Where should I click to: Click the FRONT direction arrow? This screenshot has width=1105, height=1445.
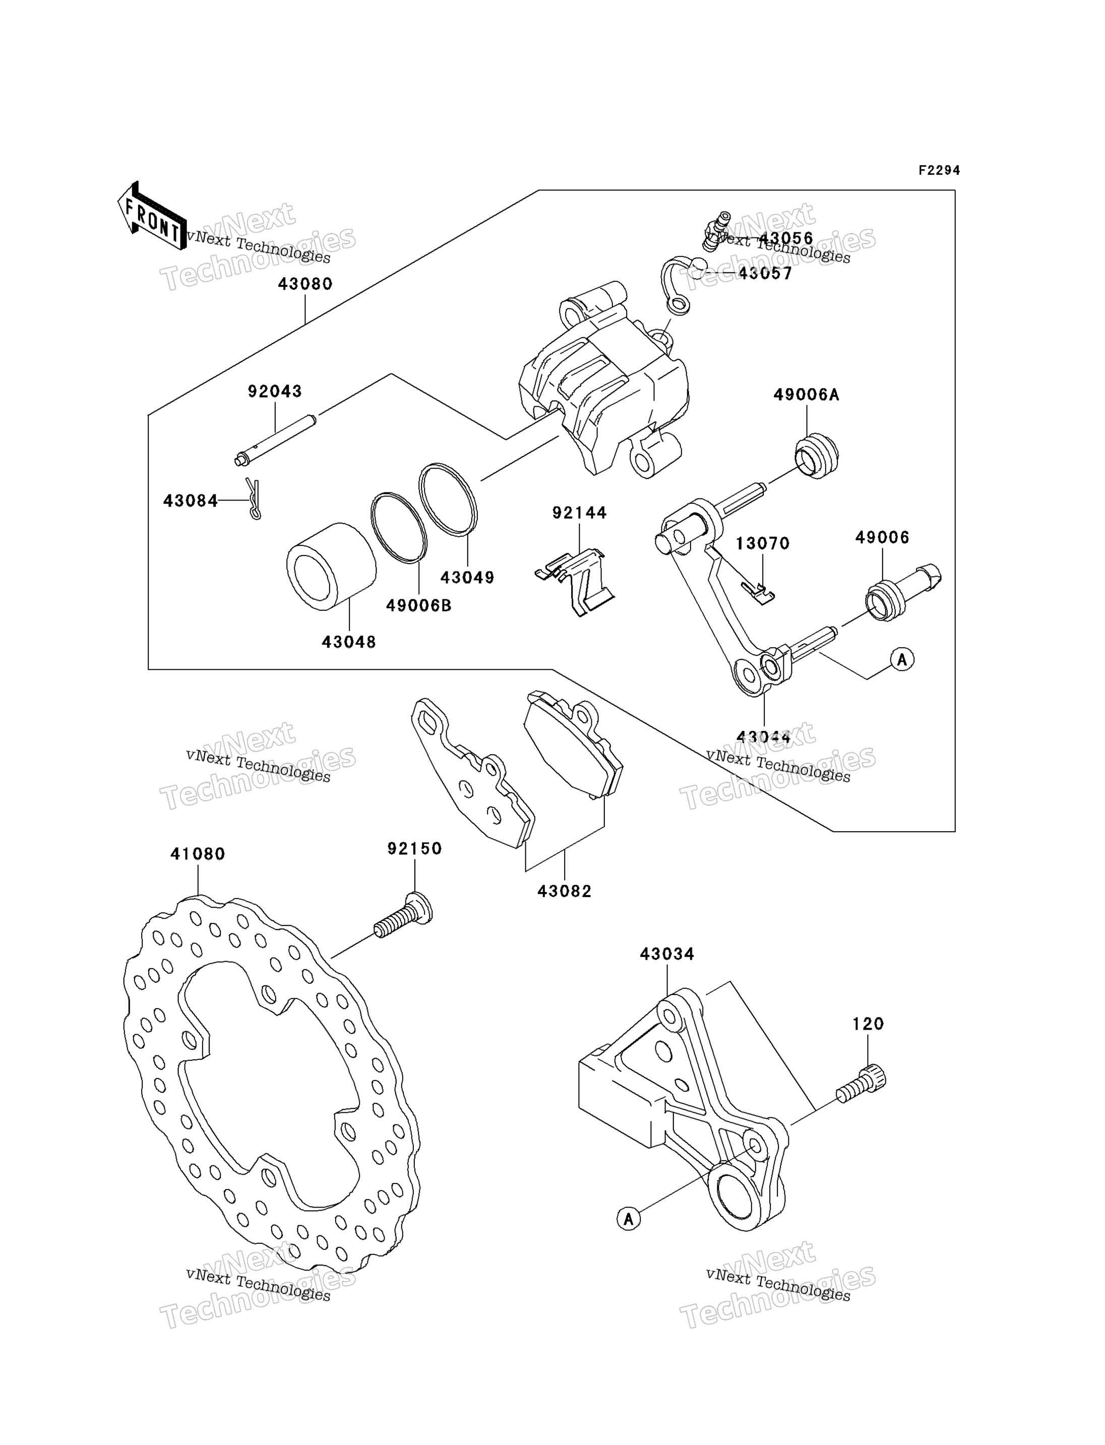(x=152, y=216)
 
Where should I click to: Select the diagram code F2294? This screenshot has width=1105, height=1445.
(x=939, y=170)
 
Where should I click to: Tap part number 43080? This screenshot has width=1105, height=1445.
(x=305, y=284)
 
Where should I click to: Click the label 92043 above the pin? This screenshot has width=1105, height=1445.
(x=275, y=391)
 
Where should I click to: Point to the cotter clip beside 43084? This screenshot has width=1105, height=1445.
(x=253, y=498)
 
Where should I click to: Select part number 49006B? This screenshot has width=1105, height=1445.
(x=418, y=606)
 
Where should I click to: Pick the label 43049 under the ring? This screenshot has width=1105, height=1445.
(x=467, y=578)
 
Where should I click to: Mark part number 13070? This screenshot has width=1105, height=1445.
(x=762, y=543)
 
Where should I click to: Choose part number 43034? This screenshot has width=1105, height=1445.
(x=667, y=954)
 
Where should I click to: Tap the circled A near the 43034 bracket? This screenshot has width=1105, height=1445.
(x=629, y=1219)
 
